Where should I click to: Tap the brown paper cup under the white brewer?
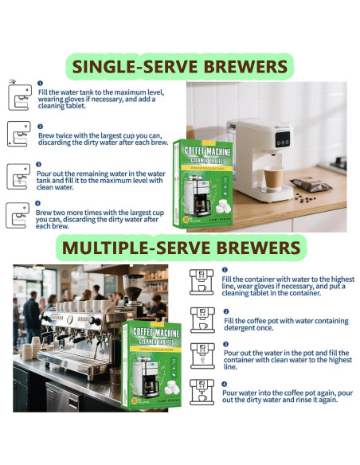(273, 179)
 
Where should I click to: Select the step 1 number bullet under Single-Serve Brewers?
(40, 83)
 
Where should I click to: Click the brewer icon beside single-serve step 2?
(18, 133)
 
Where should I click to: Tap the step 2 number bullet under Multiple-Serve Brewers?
(225, 311)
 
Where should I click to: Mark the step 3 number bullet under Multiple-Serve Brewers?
(225, 343)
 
